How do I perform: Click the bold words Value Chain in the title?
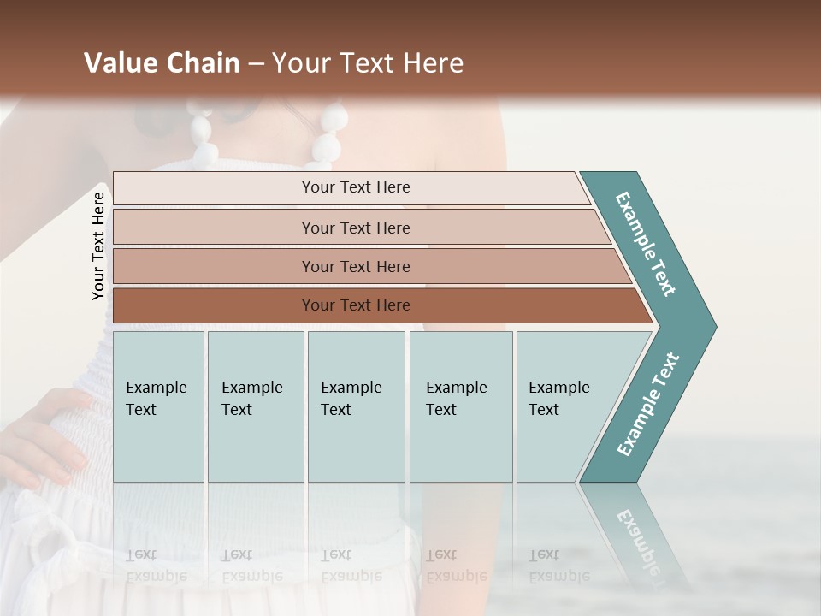[162, 63]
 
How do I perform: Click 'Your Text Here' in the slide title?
[368, 63]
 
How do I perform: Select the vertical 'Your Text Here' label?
[98, 246]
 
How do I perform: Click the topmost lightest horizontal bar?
[351, 187]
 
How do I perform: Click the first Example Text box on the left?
[158, 406]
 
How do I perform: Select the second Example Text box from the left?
[255, 406]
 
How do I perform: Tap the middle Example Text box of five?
[356, 406]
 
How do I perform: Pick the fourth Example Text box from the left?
[460, 406]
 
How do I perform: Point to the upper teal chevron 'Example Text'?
[646, 244]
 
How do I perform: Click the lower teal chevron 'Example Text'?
[647, 405]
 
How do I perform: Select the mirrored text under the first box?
[157, 565]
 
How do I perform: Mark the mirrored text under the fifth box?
[559, 565]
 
